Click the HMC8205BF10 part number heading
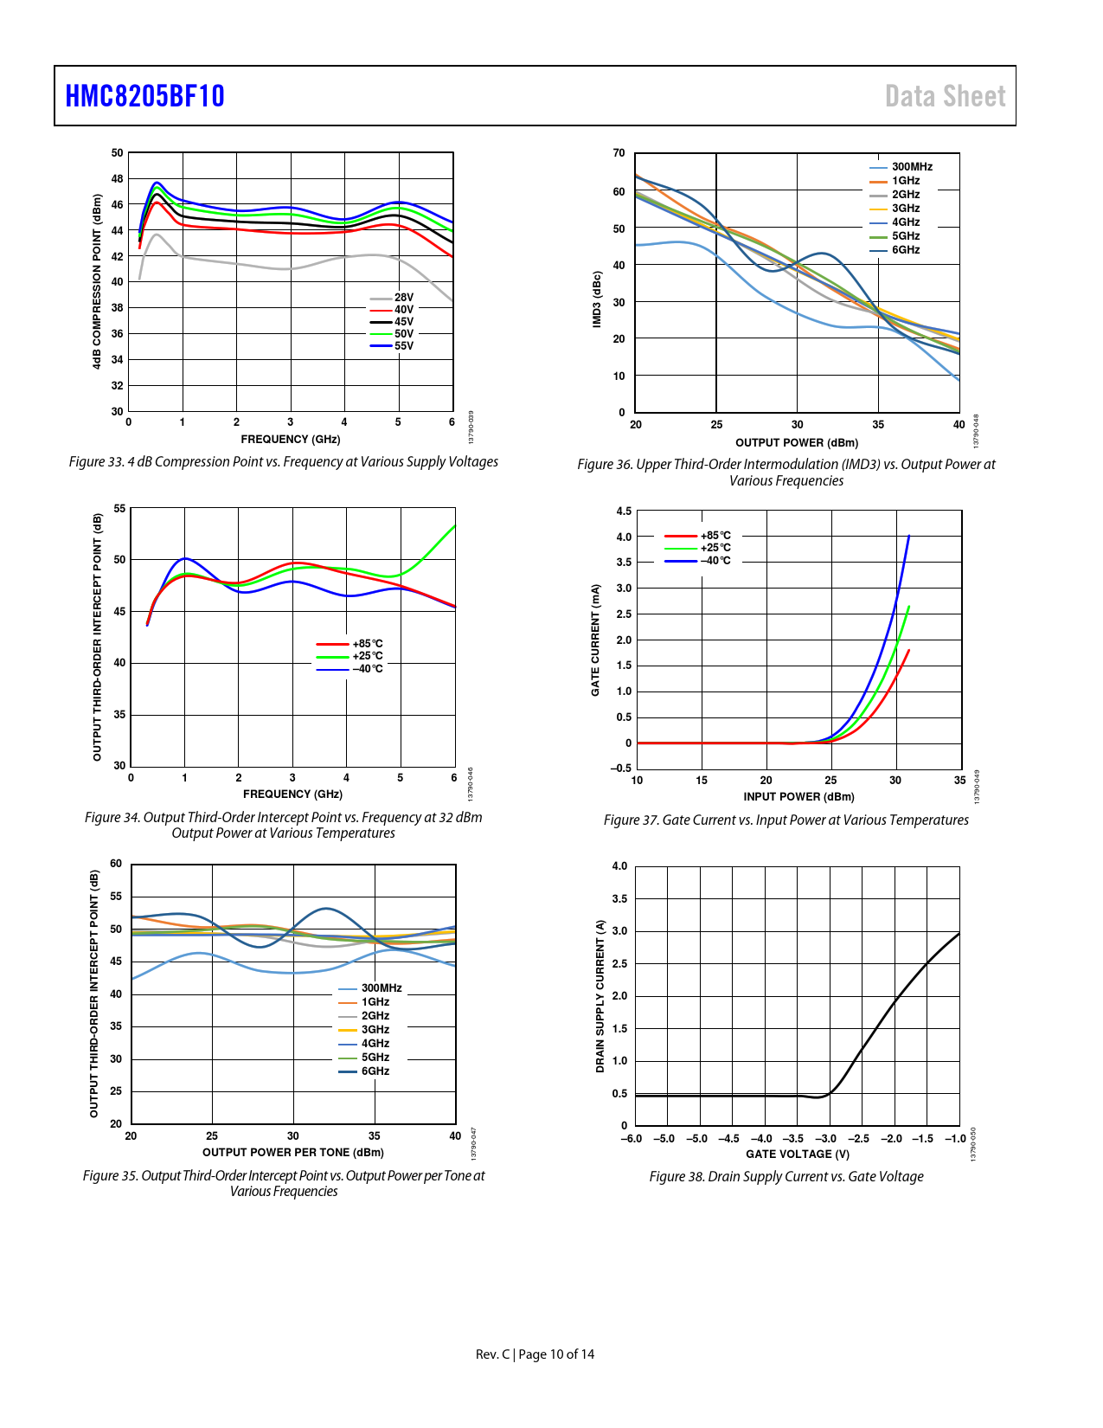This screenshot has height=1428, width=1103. point(144,96)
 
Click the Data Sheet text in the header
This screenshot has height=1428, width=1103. point(945,96)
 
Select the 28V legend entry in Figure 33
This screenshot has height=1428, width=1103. point(403,297)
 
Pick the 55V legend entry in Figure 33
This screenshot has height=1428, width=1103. point(403,346)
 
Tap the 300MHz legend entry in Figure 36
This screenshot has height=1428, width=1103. point(912,167)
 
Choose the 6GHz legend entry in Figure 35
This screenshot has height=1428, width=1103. point(375,1071)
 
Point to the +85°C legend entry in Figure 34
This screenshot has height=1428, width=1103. point(367,644)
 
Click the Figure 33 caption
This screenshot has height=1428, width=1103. point(284,462)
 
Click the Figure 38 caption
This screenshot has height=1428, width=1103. point(786,1177)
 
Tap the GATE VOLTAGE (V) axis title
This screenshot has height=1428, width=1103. point(798,1155)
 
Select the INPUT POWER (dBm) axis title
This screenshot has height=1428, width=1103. point(798,797)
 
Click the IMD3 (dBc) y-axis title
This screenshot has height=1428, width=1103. point(597,299)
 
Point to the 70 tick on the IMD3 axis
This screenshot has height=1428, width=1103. point(619,153)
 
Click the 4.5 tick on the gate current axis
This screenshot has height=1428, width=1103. point(624,511)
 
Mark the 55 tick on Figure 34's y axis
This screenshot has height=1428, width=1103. point(119,509)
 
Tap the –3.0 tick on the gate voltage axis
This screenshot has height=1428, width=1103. point(826,1139)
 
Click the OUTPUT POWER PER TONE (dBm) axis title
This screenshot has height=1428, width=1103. point(293,1153)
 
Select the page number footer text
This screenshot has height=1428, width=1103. point(535,1354)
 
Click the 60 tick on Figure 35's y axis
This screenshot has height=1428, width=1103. point(116,864)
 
